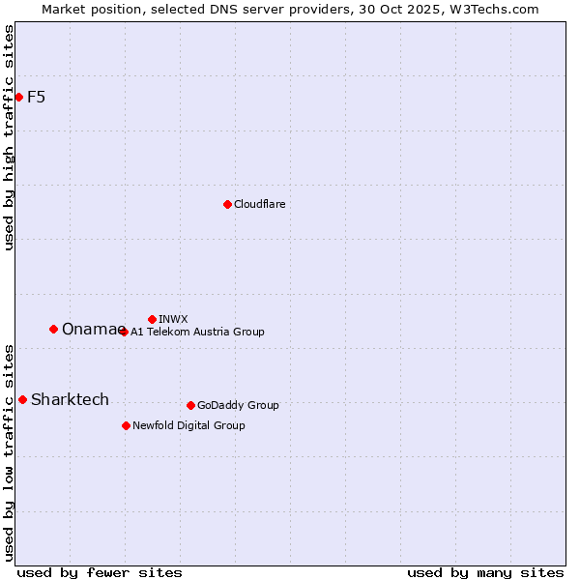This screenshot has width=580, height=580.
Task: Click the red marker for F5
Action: pyautogui.click(x=18, y=97)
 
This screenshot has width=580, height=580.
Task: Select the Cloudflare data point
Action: pyautogui.click(x=227, y=204)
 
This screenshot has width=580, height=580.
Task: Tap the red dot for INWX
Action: pyautogui.click(x=152, y=319)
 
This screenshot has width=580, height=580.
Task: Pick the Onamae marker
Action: pyautogui.click(x=53, y=329)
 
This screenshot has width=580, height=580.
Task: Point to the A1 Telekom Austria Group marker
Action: pyautogui.click(x=123, y=332)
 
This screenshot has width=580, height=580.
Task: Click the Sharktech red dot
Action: pyautogui.click(x=22, y=399)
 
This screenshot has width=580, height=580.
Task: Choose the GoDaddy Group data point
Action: pyautogui.click(x=190, y=405)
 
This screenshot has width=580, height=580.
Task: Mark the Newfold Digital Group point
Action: pyautogui.click(x=126, y=425)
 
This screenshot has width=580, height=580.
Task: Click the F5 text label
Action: pyautogui.click(x=36, y=97)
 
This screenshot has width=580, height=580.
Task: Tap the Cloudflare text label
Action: pyautogui.click(x=259, y=204)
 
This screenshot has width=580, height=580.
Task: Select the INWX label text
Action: pyautogui.click(x=173, y=319)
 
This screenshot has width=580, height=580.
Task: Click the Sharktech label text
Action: pyautogui.click(x=70, y=399)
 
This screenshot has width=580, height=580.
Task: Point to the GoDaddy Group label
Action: pyautogui.click(x=238, y=405)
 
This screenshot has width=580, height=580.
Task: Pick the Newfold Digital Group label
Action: pyautogui.click(x=188, y=425)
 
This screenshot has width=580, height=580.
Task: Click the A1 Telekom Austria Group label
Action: pyautogui.click(x=197, y=332)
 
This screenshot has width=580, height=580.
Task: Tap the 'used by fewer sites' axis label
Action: pyautogui.click(x=100, y=572)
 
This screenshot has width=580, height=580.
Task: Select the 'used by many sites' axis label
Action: pyautogui.click(x=485, y=572)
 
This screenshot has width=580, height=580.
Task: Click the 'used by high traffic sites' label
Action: pyautogui.click(x=9, y=137)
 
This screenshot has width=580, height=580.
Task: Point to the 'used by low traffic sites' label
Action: pyautogui.click(x=9, y=452)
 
